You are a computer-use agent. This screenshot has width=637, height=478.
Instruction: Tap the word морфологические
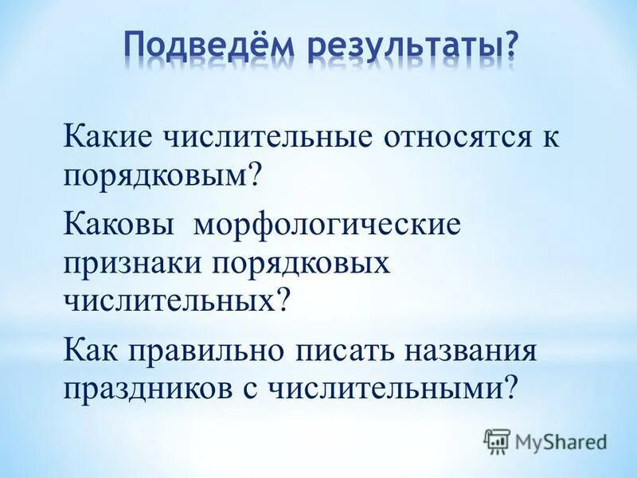tap(325, 224)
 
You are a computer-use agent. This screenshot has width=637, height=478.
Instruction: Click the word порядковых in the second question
tap(299, 263)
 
